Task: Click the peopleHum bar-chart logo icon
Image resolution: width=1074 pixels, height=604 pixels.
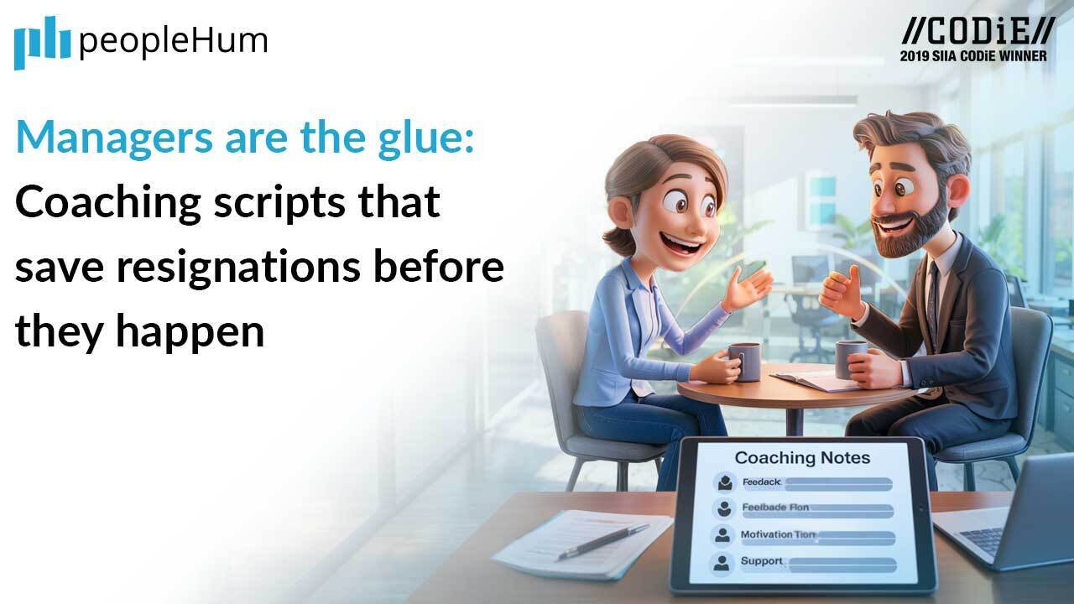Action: pyautogui.click(x=41, y=42)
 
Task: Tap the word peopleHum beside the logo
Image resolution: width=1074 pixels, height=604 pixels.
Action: pyautogui.click(x=173, y=40)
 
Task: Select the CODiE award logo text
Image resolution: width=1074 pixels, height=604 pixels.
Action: pyautogui.click(x=978, y=31)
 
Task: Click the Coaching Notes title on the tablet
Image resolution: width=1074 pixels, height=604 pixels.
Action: pyautogui.click(x=802, y=457)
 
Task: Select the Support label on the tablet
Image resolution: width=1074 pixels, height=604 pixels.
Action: pyautogui.click(x=761, y=561)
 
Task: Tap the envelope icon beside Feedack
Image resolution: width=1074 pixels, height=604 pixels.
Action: pyautogui.click(x=722, y=482)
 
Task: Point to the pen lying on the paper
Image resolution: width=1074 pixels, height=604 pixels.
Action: pyautogui.click(x=603, y=541)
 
